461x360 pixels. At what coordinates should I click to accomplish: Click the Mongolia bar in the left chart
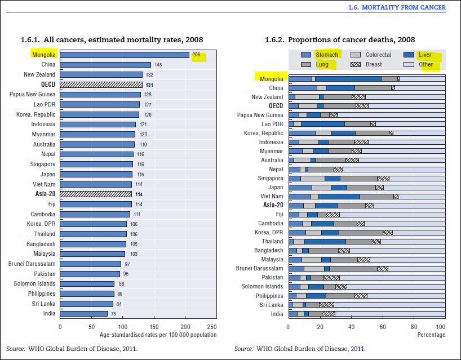pos(124,55)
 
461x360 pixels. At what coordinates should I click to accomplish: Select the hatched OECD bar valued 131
pos(101,85)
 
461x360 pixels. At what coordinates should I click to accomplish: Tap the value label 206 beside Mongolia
pos(197,55)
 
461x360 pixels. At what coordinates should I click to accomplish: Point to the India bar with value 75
pos(83,313)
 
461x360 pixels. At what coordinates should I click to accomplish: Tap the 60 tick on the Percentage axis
pos(383,326)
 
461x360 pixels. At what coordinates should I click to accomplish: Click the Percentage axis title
pos(431,335)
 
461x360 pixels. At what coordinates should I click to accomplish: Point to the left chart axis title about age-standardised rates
pos(158,335)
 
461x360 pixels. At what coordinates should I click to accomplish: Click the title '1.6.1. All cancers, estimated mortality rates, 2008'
pos(112,40)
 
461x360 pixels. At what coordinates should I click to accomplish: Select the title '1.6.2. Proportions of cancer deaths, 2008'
pos(340,40)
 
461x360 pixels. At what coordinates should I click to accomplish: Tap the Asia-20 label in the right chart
pos(273,205)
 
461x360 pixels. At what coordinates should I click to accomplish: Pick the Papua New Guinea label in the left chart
pos(33,95)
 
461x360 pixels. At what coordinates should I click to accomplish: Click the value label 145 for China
pos(158,65)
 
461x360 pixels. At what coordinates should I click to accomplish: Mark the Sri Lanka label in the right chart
pos(272,304)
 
